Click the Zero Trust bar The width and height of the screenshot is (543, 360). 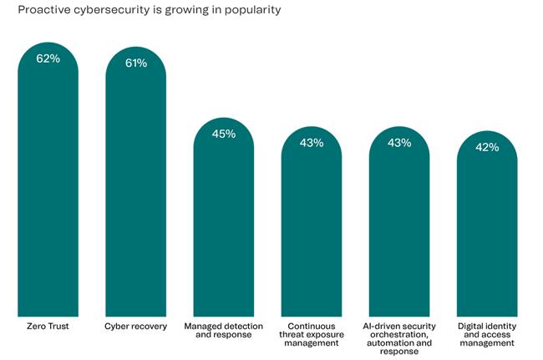(48, 184)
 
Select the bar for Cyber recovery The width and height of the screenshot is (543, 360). (135, 184)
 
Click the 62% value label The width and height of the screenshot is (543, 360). (48, 59)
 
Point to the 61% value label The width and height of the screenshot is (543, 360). (136, 63)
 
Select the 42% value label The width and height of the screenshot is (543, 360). (487, 147)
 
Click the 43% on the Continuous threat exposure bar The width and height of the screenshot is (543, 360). (311, 143)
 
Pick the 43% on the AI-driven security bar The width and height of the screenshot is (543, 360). (399, 143)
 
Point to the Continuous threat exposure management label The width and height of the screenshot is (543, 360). (311, 333)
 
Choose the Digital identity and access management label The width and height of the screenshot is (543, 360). (487, 333)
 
